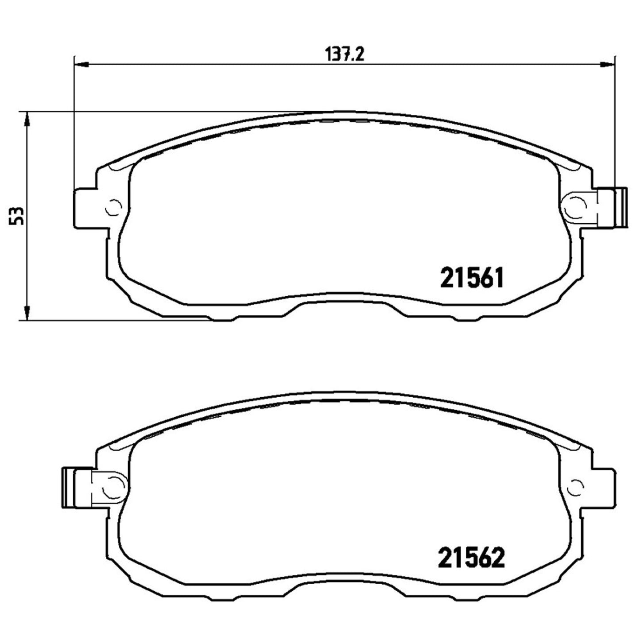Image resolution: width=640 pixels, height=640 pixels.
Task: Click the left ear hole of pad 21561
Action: tap(114, 208)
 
